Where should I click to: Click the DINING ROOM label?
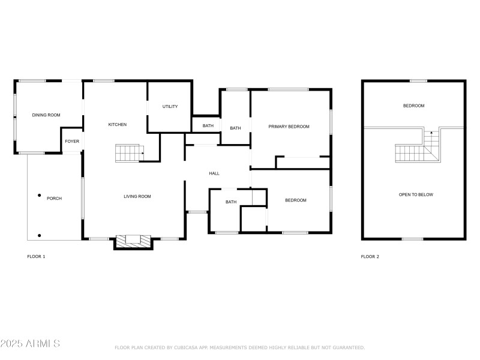tap(46, 115)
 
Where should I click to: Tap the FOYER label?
tap(72, 142)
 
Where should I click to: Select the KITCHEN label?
tap(118, 125)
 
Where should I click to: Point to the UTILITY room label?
tap(170, 107)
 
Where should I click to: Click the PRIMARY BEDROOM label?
tap(289, 127)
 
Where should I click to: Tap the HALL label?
tap(214, 173)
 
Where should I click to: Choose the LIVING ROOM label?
tap(137, 197)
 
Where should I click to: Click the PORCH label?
tap(54, 199)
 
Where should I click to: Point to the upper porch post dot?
tap(39, 196)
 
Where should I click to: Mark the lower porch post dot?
tap(39, 235)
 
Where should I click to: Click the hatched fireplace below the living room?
tap(133, 242)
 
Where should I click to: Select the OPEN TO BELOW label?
tap(416, 194)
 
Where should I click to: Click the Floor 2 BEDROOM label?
tap(413, 106)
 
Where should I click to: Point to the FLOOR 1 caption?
tap(36, 257)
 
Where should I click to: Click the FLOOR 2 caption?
tap(370, 257)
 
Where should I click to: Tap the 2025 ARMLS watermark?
tap(30, 343)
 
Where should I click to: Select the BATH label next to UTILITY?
tap(208, 126)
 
